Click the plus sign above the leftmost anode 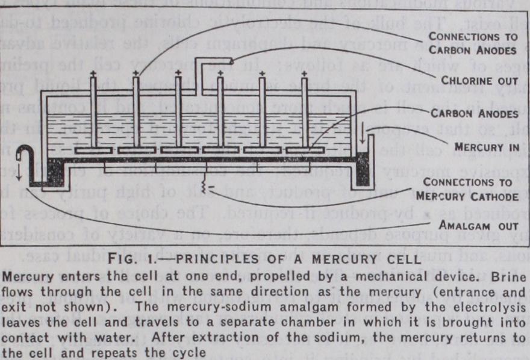pyautogui.click(x=94, y=74)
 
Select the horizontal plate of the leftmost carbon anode pyautogui.click(x=93, y=149)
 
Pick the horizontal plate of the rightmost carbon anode pyautogui.click(x=304, y=149)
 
